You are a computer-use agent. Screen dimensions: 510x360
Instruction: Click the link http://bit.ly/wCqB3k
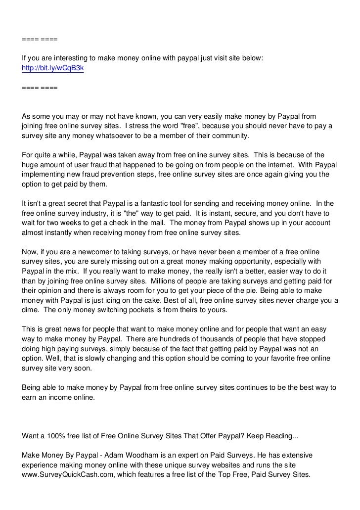pyautogui.click(x=53, y=69)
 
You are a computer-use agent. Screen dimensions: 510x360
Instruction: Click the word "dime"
pyautogui.click(x=30, y=310)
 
